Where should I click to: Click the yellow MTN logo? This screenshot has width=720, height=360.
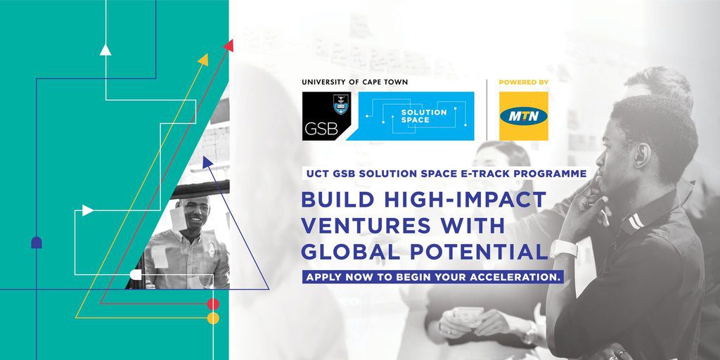click(x=523, y=116)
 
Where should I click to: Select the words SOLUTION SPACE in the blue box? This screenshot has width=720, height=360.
click(x=418, y=116)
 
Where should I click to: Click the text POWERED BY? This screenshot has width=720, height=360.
click(x=523, y=82)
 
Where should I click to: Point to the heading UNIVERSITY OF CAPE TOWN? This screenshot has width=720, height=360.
click(x=355, y=82)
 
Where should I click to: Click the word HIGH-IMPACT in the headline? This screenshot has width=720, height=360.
click(x=464, y=200)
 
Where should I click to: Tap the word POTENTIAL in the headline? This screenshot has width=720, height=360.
click(x=478, y=252)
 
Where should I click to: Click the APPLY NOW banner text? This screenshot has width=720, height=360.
click(x=432, y=277)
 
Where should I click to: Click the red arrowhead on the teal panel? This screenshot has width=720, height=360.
click(x=229, y=46)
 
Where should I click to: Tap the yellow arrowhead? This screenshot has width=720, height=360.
click(x=203, y=60)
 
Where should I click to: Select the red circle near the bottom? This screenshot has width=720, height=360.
click(x=213, y=304)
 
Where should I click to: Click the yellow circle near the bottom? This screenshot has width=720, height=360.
click(x=213, y=319)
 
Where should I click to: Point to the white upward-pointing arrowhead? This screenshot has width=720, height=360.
click(x=105, y=50)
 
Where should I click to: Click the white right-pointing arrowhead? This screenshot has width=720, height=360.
click(x=88, y=210)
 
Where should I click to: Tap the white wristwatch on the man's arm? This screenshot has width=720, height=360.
click(x=563, y=248)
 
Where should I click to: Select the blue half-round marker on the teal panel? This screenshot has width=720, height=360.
click(x=37, y=243)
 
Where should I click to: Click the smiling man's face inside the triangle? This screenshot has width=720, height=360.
click(x=193, y=214)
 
